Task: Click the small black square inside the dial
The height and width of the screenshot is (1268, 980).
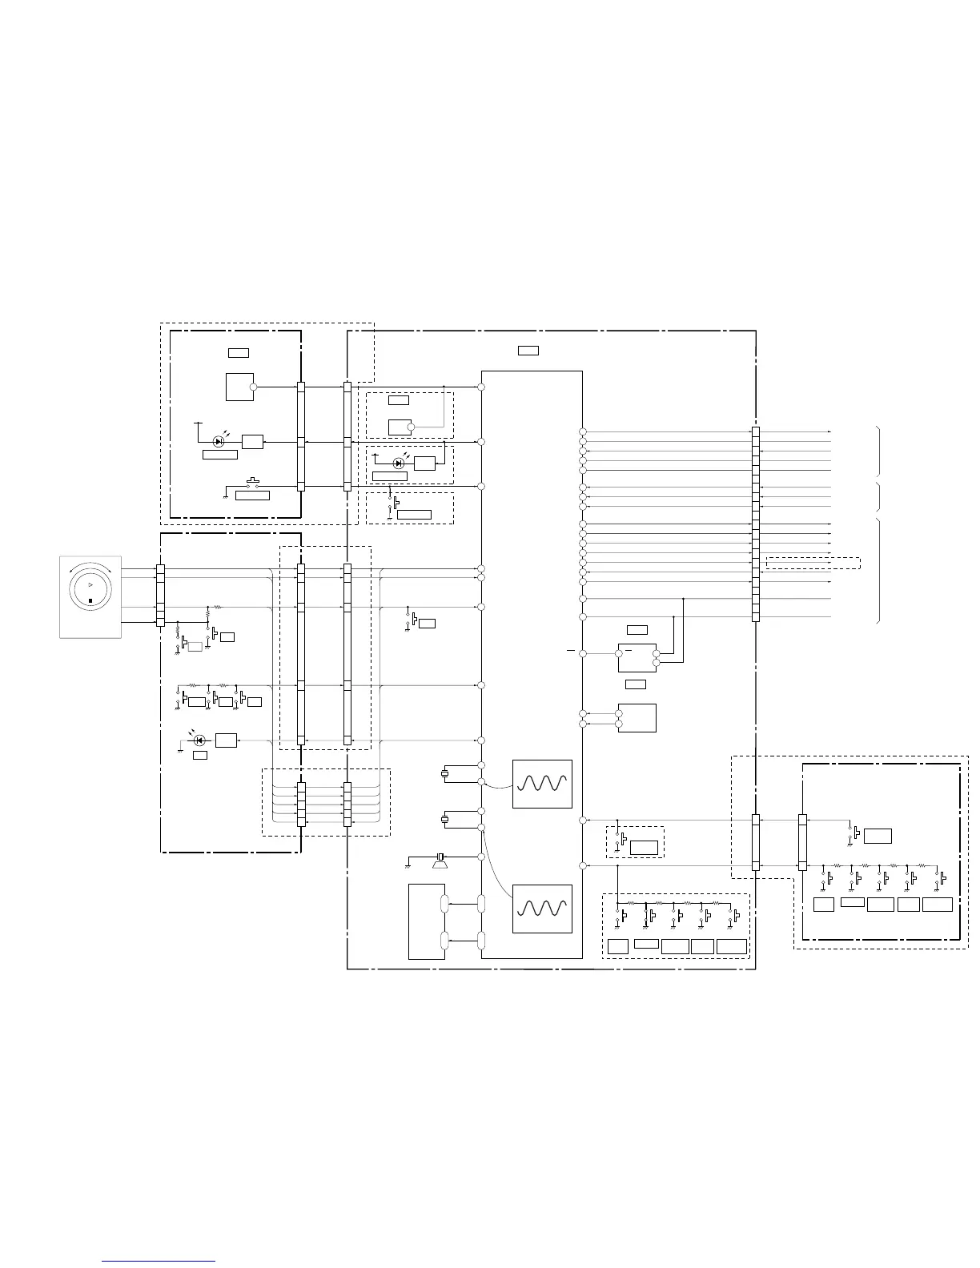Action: (90, 600)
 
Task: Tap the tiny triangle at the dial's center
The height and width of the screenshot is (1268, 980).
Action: (90, 586)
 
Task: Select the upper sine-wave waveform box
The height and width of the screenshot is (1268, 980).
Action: (542, 784)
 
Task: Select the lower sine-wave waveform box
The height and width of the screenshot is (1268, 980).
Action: (542, 909)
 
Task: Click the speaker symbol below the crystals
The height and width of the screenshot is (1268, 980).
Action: (439, 860)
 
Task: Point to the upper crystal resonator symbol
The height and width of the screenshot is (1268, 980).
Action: (444, 773)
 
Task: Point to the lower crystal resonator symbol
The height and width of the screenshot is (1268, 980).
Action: (444, 819)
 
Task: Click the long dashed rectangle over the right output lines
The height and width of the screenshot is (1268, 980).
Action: (813, 563)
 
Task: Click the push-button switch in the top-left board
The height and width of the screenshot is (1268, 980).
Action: (252, 484)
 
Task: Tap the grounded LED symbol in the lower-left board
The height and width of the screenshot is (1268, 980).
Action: (199, 740)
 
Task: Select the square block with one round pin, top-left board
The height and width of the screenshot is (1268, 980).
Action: (239, 387)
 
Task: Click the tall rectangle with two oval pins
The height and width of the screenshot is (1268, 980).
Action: (427, 921)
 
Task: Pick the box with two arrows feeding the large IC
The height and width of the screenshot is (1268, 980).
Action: (637, 718)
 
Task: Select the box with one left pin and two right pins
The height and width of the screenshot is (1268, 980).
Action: (637, 658)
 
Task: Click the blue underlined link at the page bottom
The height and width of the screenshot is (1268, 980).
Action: (159, 1261)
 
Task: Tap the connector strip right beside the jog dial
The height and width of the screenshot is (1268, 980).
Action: (160, 596)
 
